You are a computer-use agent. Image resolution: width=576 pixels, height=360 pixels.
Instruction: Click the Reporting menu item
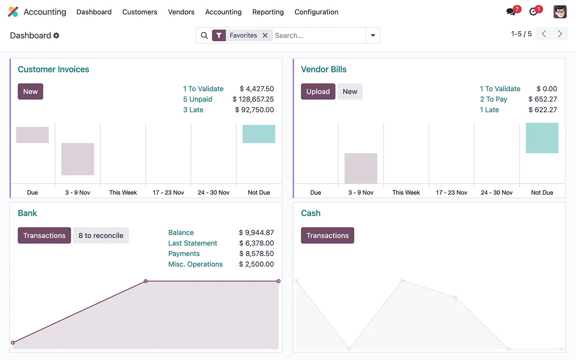[268, 12]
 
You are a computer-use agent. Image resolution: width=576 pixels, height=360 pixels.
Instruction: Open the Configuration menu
[316, 12]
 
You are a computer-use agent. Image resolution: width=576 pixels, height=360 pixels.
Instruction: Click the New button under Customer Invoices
[30, 92]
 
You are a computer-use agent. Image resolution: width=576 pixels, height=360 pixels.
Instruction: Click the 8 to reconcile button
[101, 236]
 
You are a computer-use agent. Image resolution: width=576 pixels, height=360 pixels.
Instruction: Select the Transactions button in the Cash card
[327, 236]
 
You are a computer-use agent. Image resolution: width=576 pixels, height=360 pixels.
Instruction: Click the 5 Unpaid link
[198, 99]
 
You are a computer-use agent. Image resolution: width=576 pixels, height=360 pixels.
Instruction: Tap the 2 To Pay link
[493, 99]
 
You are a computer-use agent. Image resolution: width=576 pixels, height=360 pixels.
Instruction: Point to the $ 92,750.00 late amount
[254, 110]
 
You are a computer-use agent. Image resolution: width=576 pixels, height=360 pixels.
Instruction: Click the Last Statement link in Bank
[192, 243]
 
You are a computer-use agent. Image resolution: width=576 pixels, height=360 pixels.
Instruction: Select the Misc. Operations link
[195, 264]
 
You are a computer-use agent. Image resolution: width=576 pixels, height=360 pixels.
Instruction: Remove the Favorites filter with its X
[265, 36]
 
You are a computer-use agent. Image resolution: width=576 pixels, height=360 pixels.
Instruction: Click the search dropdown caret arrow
[373, 36]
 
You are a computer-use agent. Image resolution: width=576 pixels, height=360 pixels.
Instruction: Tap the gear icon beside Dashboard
[56, 36]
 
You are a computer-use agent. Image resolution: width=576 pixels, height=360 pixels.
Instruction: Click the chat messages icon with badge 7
[511, 12]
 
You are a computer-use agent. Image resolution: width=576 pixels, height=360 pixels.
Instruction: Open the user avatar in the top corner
[560, 12]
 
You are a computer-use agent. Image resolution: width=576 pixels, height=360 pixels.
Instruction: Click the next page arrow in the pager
[560, 34]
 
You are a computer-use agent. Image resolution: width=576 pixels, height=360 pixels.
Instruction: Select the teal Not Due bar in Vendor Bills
[542, 138]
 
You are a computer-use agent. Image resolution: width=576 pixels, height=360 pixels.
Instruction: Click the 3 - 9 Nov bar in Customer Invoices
[78, 159]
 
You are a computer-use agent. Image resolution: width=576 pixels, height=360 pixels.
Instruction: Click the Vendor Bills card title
[323, 69]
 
